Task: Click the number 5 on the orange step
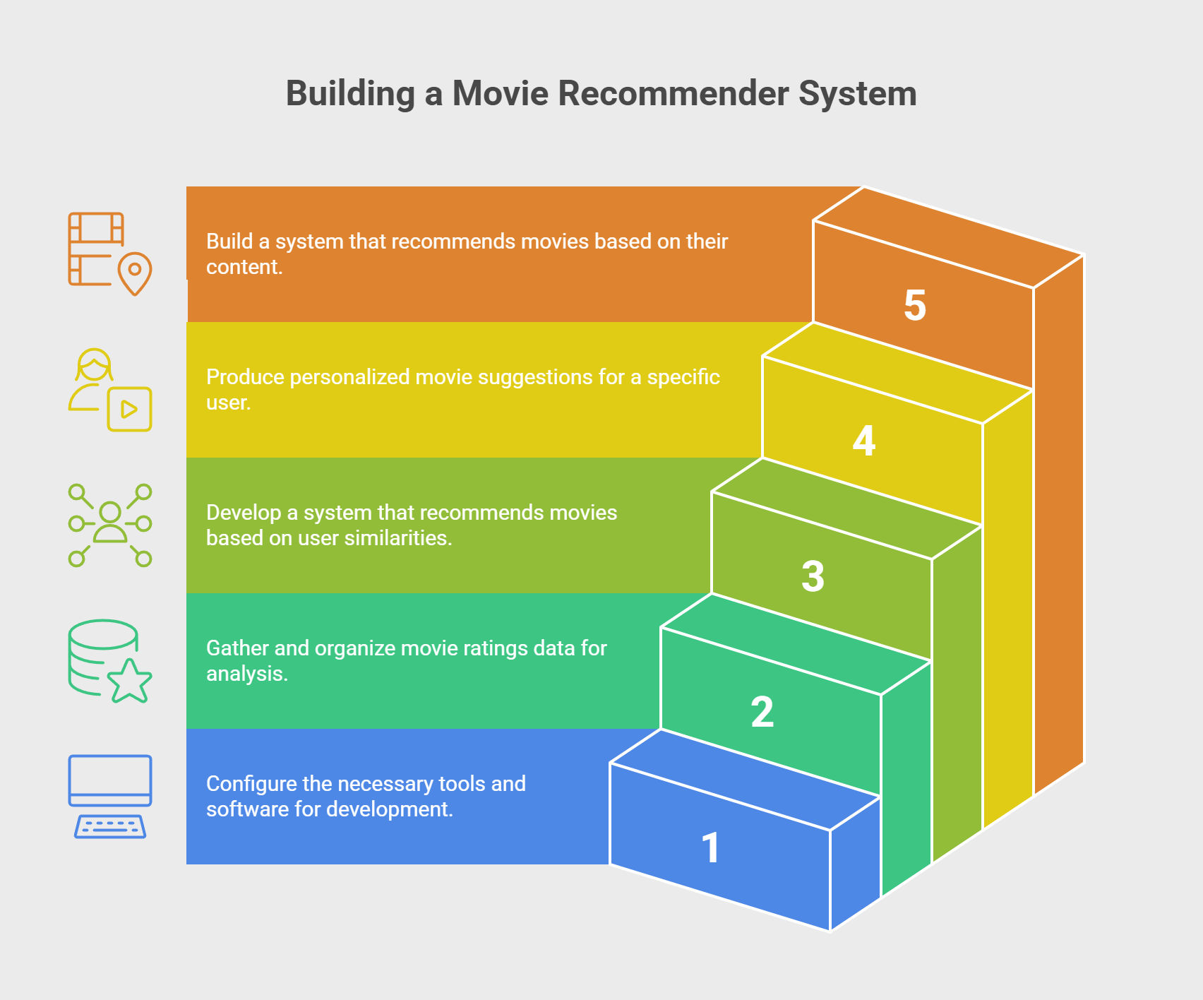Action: click(915, 306)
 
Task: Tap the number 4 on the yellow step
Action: click(864, 441)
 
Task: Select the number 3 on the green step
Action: click(813, 576)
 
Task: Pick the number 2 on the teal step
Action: click(762, 712)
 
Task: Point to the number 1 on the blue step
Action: click(711, 847)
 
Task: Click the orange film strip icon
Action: click(97, 248)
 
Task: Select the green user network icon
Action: click(109, 525)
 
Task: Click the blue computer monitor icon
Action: click(109, 781)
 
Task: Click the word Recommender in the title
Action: click(673, 93)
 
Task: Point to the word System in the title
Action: click(858, 93)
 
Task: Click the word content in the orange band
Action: click(244, 267)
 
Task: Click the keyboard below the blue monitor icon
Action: click(109, 826)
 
